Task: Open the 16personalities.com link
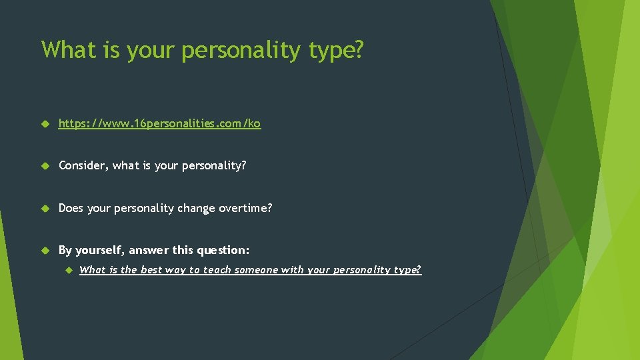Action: [x=159, y=123]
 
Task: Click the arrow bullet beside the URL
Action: [x=45, y=124]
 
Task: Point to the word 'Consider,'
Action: [x=83, y=165]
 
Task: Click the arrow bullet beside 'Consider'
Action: [x=45, y=166]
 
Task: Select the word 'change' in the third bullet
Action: [x=196, y=208]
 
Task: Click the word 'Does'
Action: [x=71, y=208]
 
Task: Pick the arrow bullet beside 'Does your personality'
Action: [x=45, y=209]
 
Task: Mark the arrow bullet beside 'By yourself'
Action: [x=45, y=251]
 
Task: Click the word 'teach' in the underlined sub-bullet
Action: [x=216, y=270]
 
